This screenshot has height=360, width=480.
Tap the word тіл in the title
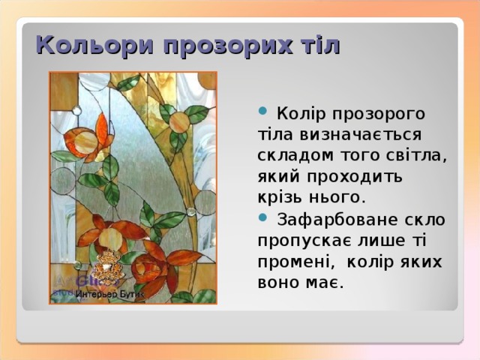pyautogui.click(x=319, y=46)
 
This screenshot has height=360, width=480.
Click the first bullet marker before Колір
pyautogui.click(x=262, y=112)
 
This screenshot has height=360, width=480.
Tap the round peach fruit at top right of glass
pyautogui.click(x=178, y=121)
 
